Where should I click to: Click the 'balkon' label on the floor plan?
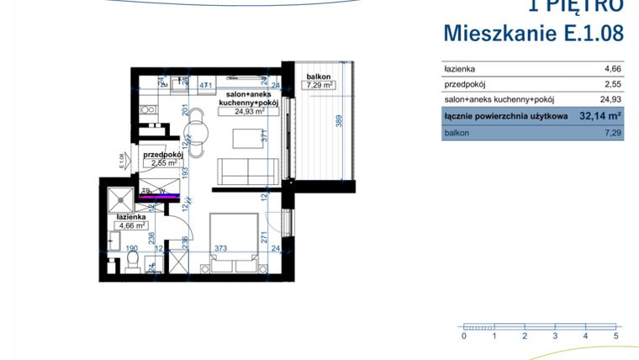tap(319, 77)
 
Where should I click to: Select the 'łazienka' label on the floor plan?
tap(132, 216)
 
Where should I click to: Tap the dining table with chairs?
tap(197, 133)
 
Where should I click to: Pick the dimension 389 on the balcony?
tap(339, 121)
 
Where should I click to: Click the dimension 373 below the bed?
tap(219, 249)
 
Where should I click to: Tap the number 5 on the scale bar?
tap(616, 336)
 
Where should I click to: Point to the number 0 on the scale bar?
tap(464, 336)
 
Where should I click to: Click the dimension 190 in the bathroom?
tap(131, 249)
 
